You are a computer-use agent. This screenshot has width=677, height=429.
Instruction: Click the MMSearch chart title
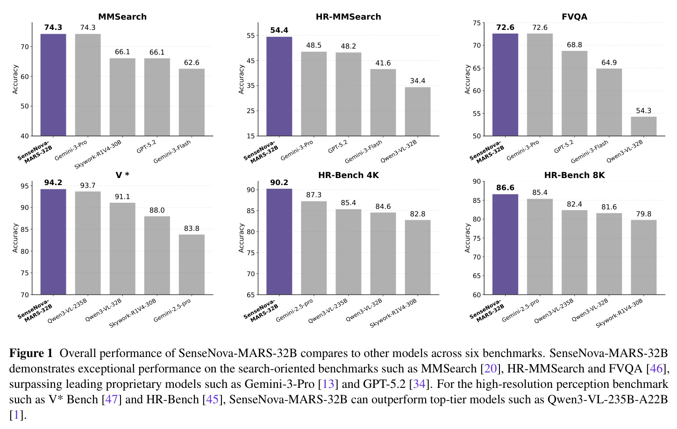(122, 17)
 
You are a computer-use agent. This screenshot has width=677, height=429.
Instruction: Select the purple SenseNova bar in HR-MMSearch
(279, 86)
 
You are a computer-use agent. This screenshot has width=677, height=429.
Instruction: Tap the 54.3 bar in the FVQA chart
(643, 126)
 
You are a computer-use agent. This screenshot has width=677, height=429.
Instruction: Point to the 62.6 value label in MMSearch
(192, 63)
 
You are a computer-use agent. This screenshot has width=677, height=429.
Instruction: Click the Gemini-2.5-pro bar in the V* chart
(192, 265)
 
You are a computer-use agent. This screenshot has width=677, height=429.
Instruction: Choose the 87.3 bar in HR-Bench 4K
(314, 248)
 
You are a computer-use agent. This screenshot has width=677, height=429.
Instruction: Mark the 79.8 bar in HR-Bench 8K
(643, 257)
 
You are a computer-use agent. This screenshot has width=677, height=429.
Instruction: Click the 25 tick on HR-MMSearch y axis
(251, 111)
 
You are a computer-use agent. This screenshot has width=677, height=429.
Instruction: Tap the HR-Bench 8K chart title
(575, 175)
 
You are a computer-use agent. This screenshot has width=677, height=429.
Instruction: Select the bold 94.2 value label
(53, 182)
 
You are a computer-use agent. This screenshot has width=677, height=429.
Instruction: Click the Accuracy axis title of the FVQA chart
(467, 79)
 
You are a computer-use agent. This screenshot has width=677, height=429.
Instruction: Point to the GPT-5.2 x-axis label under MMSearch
(146, 146)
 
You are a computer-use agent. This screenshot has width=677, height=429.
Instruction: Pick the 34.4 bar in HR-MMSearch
(418, 112)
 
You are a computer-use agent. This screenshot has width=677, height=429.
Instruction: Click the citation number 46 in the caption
(656, 369)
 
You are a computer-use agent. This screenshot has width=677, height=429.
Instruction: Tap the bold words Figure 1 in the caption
(31, 353)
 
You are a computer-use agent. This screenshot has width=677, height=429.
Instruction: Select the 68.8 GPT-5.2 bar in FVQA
(574, 93)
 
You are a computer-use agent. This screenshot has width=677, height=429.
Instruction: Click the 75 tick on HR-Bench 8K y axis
(477, 238)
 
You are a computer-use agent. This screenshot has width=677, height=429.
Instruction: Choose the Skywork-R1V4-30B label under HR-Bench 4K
(393, 314)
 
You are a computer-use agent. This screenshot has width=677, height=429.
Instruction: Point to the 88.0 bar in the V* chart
(157, 256)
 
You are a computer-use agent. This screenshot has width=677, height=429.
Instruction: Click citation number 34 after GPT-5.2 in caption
(419, 384)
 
